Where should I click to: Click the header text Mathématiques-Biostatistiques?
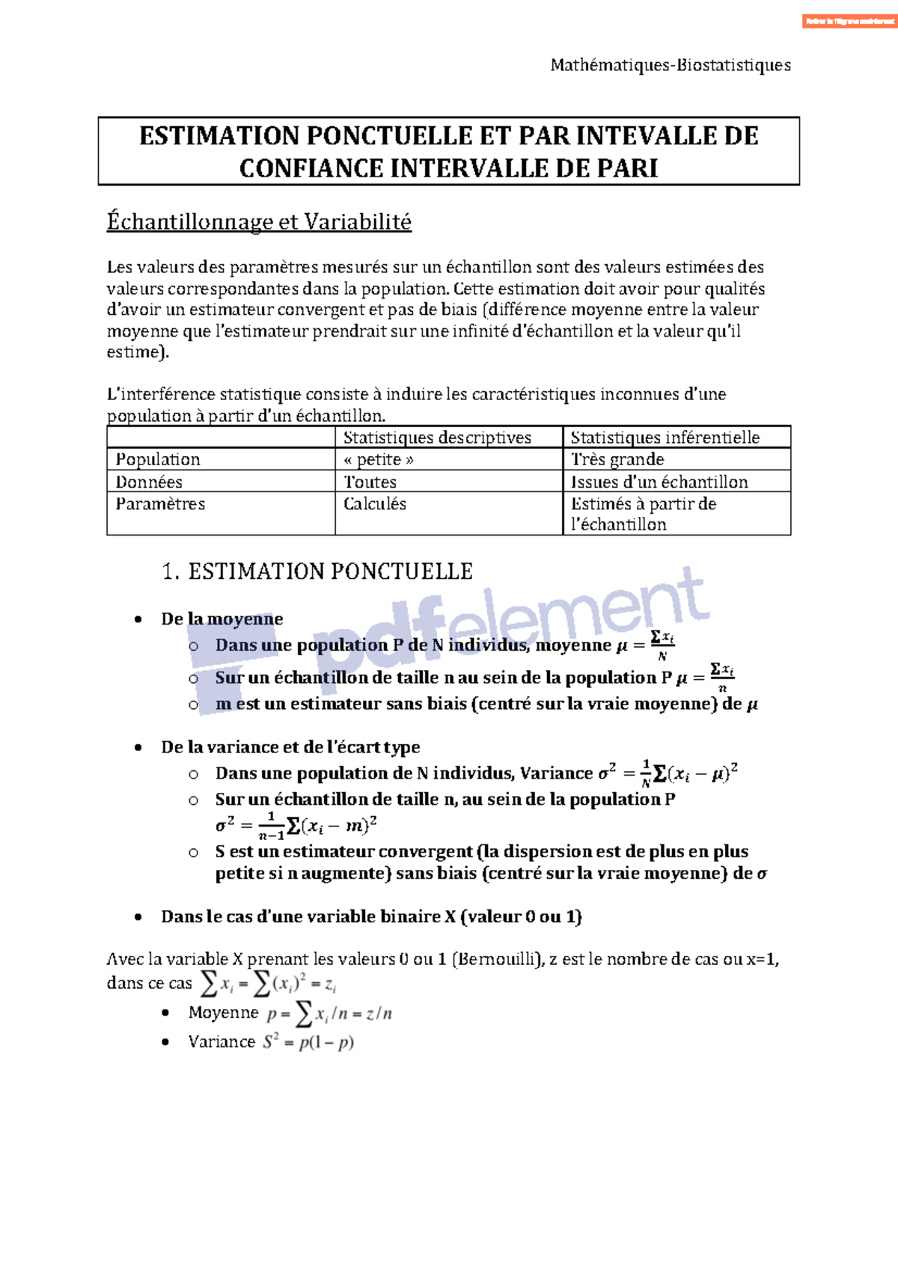click(x=671, y=65)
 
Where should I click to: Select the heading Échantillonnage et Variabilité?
click(x=259, y=222)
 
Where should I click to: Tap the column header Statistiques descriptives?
click(x=437, y=438)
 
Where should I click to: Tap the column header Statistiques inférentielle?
click(x=665, y=438)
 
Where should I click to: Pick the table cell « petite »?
click(x=379, y=459)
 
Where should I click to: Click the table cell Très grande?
click(x=617, y=459)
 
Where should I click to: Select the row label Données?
click(x=149, y=482)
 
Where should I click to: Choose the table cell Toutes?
click(x=370, y=482)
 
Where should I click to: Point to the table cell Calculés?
click(x=374, y=504)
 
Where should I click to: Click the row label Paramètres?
click(x=160, y=504)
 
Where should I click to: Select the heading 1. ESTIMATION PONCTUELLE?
click(x=317, y=572)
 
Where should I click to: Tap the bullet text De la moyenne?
click(x=222, y=619)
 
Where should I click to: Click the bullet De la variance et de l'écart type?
click(x=290, y=747)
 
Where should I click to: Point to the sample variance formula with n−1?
click(x=296, y=826)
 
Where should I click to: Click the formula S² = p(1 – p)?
click(x=308, y=1042)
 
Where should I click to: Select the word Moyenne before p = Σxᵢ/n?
click(x=223, y=1013)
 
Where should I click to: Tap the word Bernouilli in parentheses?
click(x=495, y=960)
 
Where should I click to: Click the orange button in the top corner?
click(x=849, y=21)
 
